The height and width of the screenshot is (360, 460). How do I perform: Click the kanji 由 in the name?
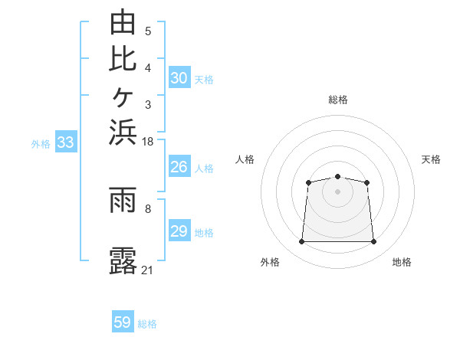tap(123, 21)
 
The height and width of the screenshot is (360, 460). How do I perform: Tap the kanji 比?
tap(123, 60)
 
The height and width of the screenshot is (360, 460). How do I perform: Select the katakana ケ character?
tap(123, 97)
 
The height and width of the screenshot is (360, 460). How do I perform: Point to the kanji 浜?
tap(123, 133)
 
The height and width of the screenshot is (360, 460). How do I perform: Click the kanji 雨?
tap(123, 200)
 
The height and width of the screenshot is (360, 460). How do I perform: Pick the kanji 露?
tap(123, 260)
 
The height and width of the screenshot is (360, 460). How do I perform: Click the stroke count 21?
tap(147, 270)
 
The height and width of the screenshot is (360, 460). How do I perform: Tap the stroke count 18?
tap(147, 142)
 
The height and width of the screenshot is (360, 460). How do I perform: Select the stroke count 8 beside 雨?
tap(148, 209)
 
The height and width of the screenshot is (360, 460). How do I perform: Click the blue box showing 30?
tap(179, 77)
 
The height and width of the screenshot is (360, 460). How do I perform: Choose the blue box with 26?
tap(179, 166)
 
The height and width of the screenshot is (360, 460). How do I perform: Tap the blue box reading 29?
tap(179, 230)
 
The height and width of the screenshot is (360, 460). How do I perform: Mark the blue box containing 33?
tap(66, 141)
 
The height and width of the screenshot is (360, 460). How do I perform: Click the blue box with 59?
tap(123, 321)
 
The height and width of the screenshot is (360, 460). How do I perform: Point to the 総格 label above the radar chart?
tap(338, 100)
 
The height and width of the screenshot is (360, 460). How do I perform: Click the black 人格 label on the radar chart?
tap(245, 159)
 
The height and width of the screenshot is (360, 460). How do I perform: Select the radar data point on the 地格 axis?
tap(373, 241)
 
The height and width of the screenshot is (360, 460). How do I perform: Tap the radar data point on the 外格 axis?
tap(301, 241)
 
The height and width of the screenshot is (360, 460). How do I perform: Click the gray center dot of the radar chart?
tap(337, 191)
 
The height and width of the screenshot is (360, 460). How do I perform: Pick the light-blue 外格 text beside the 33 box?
tap(41, 144)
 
